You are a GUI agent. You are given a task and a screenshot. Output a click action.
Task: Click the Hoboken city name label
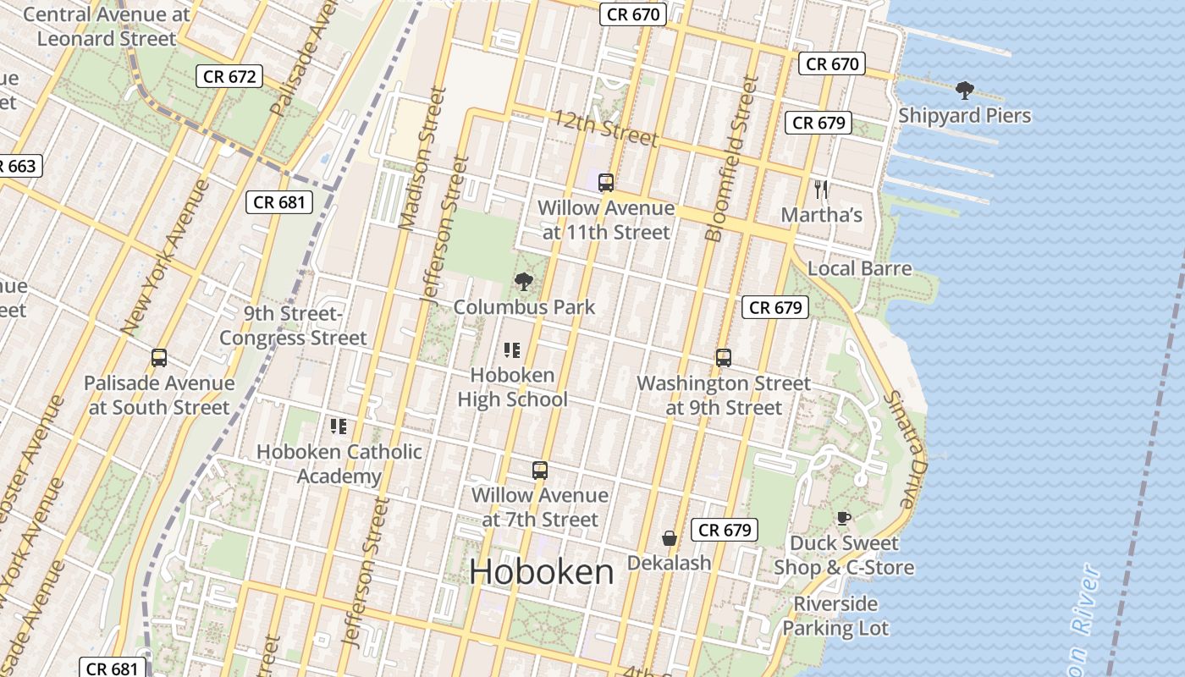(x=542, y=572)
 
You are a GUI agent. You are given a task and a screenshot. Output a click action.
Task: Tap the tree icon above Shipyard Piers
(x=964, y=90)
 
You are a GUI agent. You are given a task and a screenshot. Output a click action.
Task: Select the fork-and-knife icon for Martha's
(x=820, y=189)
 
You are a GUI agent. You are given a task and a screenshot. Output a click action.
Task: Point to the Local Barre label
(x=859, y=269)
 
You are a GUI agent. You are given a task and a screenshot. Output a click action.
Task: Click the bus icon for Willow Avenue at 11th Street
(x=606, y=182)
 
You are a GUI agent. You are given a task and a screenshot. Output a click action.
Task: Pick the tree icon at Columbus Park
(x=524, y=281)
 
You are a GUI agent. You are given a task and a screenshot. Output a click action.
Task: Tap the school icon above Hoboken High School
(x=512, y=350)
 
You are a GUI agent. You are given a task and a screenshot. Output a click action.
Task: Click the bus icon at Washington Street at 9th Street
(x=724, y=357)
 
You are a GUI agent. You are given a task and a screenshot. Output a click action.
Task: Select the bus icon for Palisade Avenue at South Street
(x=159, y=357)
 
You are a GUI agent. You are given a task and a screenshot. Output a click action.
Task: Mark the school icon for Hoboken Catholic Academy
(x=339, y=426)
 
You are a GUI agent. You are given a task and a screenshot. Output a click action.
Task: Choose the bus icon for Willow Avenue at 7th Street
(x=540, y=470)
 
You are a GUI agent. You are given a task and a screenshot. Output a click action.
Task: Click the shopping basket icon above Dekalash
(x=669, y=537)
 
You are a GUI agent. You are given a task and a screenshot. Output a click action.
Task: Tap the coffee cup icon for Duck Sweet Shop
(x=843, y=517)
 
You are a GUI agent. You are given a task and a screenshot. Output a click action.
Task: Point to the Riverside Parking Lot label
(x=835, y=616)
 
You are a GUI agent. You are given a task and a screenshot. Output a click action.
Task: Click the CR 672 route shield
(x=229, y=76)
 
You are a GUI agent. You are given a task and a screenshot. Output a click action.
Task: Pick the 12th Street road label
(x=605, y=128)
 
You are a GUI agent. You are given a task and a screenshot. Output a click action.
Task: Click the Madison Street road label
(x=422, y=158)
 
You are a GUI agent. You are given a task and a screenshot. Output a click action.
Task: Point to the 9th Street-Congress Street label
(x=293, y=326)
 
